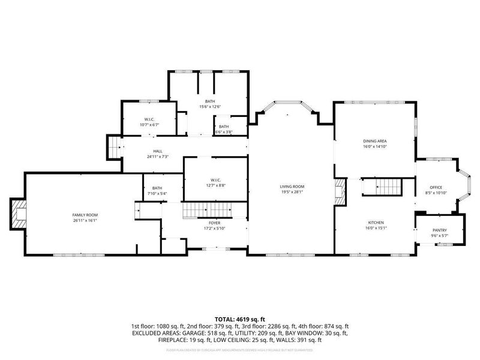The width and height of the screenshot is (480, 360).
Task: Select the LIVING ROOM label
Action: click(x=292, y=186)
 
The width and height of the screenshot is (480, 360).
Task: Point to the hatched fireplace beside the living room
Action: click(x=340, y=191)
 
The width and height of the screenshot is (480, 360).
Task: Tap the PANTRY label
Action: click(x=440, y=230)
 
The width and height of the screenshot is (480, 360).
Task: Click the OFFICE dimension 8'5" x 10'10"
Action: click(x=436, y=193)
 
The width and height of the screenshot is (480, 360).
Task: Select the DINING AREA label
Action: click(x=374, y=141)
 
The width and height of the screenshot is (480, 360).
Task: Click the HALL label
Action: click(x=157, y=151)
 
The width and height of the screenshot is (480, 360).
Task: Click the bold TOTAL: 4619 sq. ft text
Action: click(x=240, y=319)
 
